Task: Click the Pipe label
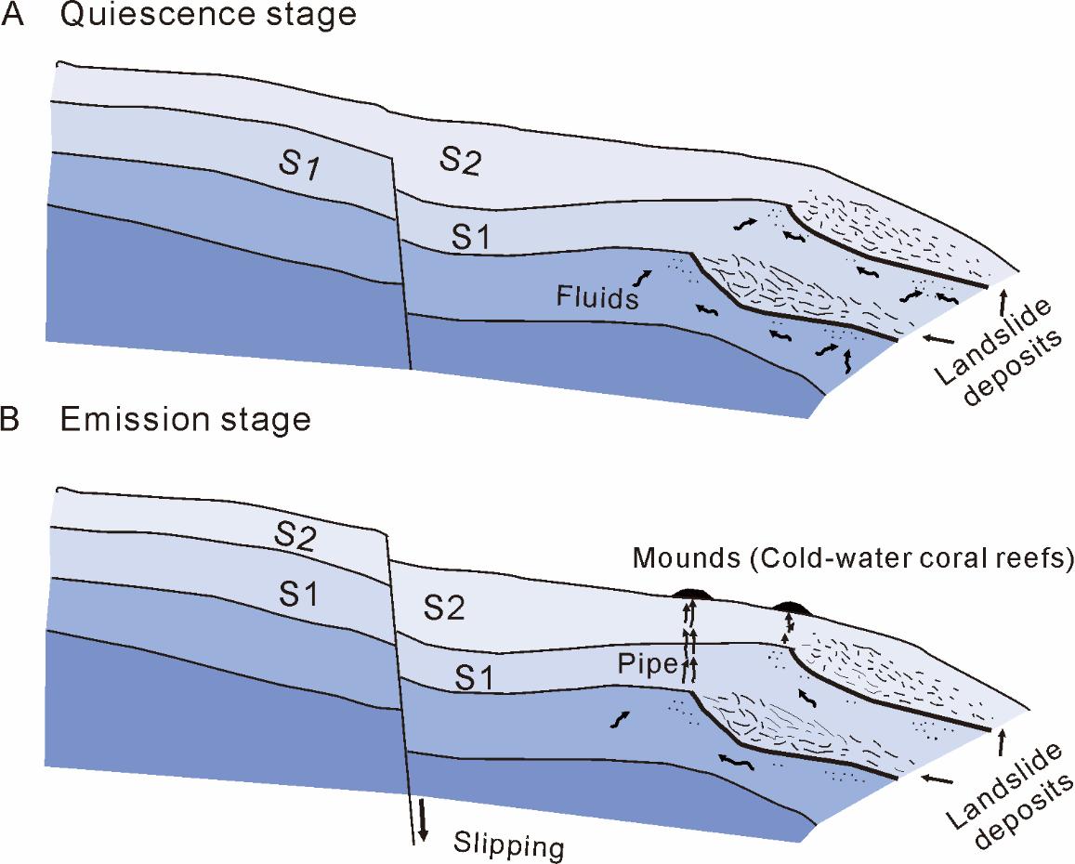click(638, 665)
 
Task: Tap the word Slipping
click(509, 845)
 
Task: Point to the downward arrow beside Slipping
click(424, 818)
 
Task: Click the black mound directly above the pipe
click(691, 594)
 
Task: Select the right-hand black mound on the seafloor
click(792, 609)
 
